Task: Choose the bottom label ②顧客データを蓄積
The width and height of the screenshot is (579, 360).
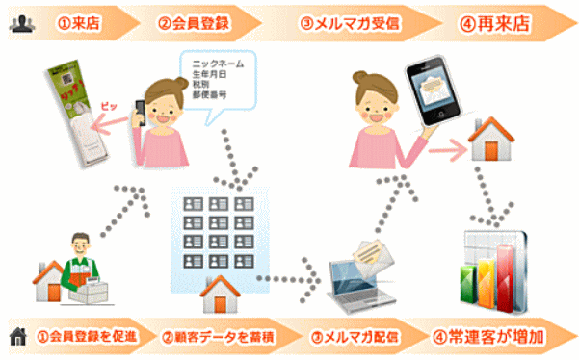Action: coord(221,337)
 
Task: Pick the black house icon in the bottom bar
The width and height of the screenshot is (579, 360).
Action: coord(17,337)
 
